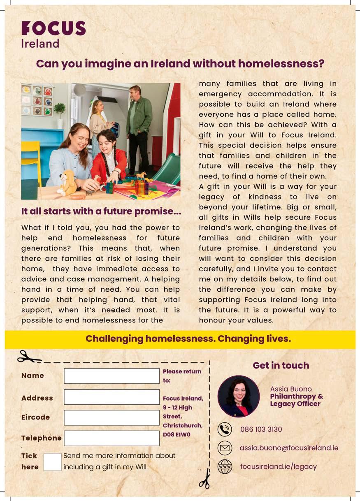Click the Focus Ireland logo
point(53,34)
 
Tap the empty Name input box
point(111,376)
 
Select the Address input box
point(111,397)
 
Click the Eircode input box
point(111,417)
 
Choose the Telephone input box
point(111,438)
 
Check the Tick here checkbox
point(52,462)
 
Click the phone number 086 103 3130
point(261,429)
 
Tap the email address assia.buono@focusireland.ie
point(289,448)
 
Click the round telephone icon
point(225,429)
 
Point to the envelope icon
point(225,448)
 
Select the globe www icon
point(225,466)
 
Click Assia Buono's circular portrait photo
point(239,396)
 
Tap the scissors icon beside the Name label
point(28,357)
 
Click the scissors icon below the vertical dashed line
point(204,479)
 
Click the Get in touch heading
point(281,365)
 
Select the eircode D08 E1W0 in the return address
point(177,434)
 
